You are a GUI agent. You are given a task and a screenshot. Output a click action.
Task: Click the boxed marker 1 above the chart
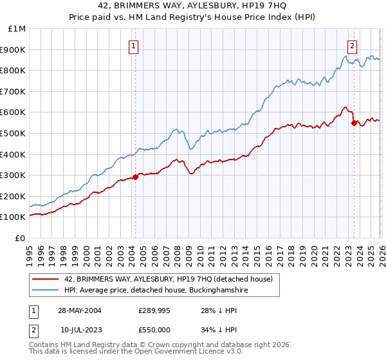point(134,46)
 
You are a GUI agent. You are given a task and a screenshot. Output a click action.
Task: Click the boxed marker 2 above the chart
point(353,46)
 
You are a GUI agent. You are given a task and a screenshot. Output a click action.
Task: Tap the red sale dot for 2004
point(135,177)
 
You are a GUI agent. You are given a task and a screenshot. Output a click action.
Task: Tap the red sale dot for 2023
point(354,123)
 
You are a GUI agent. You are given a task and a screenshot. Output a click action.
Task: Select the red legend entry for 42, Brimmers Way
point(169,279)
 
